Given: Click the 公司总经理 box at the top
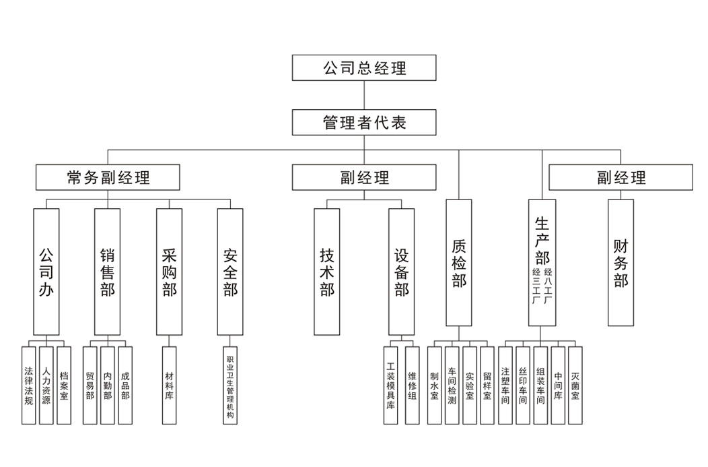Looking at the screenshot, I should pos(364,68).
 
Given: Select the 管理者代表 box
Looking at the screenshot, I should pos(364,123).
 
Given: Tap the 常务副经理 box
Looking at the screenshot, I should pos(108,177).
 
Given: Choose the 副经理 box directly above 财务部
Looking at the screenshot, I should pos(621,177).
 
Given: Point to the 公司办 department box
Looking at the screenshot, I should pos(46,272).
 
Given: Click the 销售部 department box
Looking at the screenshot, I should pos(108,272).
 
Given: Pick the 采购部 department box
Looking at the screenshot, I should pos(169,272).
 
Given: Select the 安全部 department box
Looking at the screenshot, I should pos(230,272).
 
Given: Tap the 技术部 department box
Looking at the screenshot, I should pos(327,272).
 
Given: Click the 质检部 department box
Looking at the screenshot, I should pos(459,263).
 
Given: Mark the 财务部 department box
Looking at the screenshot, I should pos(621,263).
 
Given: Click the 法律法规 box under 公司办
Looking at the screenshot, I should pos(28,385).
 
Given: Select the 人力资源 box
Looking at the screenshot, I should pos(46,385).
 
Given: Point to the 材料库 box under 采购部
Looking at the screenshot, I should pos(169,385).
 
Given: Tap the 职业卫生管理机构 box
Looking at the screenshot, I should pos(230,385).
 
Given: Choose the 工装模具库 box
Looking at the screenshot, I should pos(390,385).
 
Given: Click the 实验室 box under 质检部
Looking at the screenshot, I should pos(470,385).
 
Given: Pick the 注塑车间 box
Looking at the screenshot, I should pos(505,385).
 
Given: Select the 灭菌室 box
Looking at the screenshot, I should pos(575,385).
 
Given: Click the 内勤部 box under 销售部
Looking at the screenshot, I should pos(108,385).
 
